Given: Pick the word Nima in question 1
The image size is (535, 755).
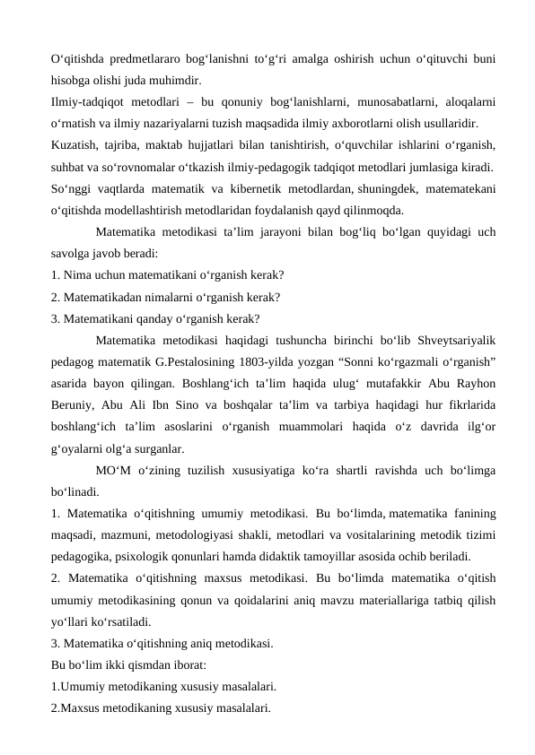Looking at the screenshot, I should pos(80,274).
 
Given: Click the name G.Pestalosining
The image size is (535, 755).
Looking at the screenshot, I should pos(216,361).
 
